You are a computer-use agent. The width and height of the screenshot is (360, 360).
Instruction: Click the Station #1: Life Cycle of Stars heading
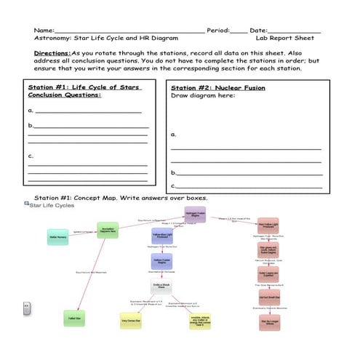pos(84,87)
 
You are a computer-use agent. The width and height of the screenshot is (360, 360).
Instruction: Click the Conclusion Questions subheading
pos(65,95)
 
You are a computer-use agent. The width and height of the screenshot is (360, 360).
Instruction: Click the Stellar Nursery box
pos(63,237)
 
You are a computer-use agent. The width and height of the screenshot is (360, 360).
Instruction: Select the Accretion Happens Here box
pos(108,231)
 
